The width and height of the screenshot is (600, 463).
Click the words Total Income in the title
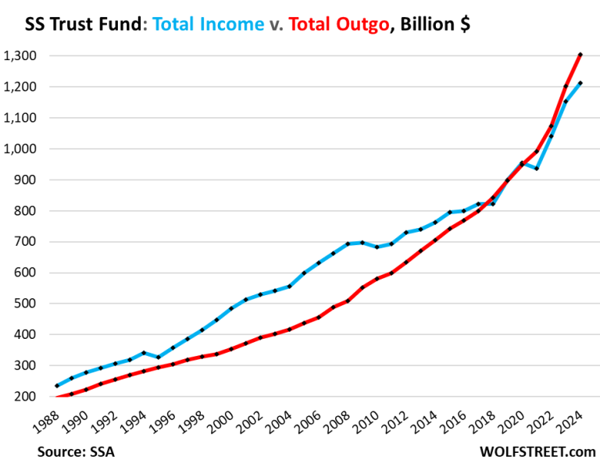(209, 24)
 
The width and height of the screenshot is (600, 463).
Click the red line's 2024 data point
(579, 55)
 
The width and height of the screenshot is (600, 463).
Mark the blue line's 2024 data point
(579, 83)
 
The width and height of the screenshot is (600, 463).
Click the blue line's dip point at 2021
(537, 169)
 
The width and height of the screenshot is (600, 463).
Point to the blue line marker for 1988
(57, 386)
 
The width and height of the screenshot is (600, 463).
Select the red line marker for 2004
(290, 329)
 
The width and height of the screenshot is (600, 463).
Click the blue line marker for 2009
(361, 243)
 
